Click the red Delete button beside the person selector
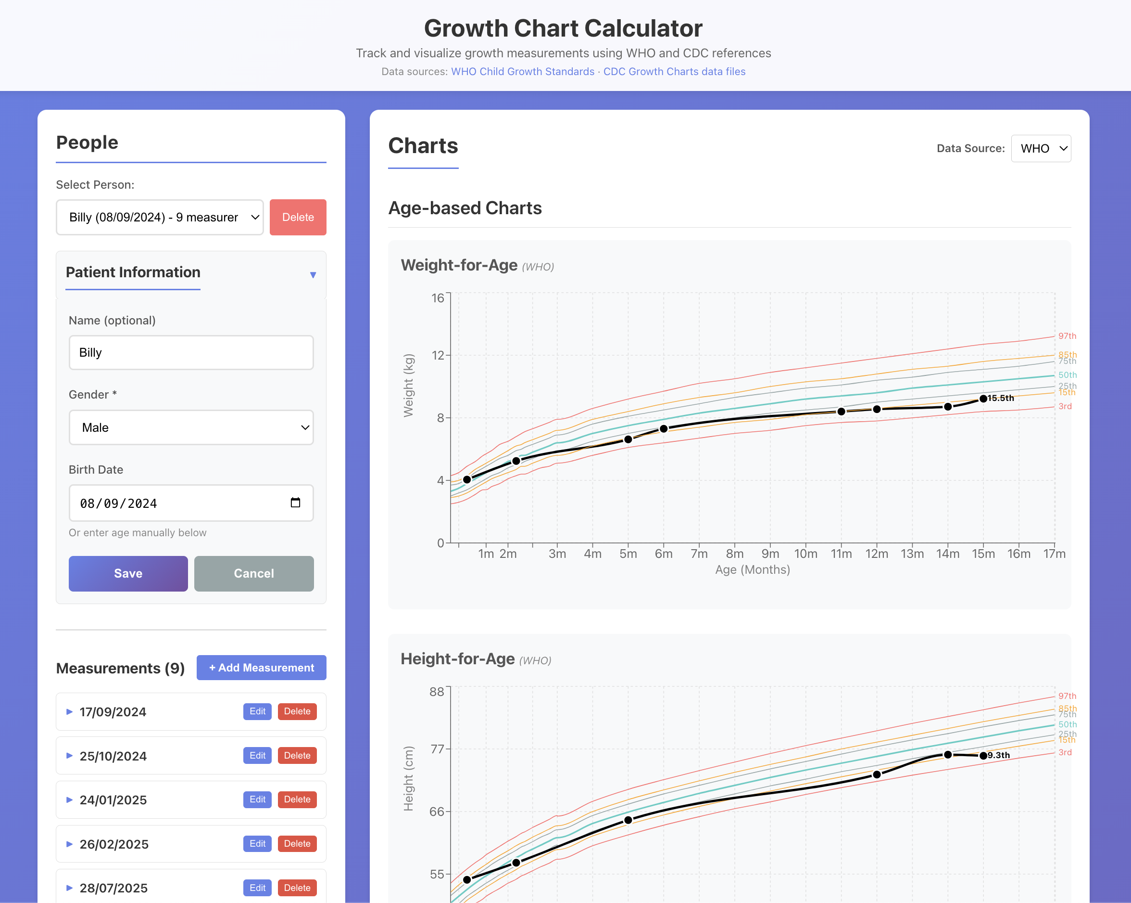pyautogui.click(x=298, y=218)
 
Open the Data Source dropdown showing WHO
pyautogui.click(x=1041, y=149)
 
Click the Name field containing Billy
pyautogui.click(x=191, y=353)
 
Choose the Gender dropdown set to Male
pyautogui.click(x=191, y=427)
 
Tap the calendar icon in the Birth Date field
pyautogui.click(x=295, y=503)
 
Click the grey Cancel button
pyautogui.click(x=254, y=573)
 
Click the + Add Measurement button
pyautogui.click(x=261, y=668)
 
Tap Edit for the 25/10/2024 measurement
pyautogui.click(x=257, y=756)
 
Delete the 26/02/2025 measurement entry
pyautogui.click(x=297, y=844)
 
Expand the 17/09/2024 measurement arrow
pyautogui.click(x=69, y=712)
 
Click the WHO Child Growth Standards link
pyautogui.click(x=523, y=71)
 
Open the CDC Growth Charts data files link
pyautogui.click(x=674, y=71)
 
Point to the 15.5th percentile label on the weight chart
pyautogui.click(x=1000, y=399)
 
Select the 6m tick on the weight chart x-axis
pyautogui.click(x=664, y=554)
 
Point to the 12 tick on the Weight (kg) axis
pyautogui.click(x=438, y=355)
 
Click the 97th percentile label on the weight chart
pyautogui.click(x=1067, y=336)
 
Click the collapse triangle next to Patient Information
pyautogui.click(x=313, y=274)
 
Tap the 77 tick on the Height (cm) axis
pyautogui.click(x=437, y=749)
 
